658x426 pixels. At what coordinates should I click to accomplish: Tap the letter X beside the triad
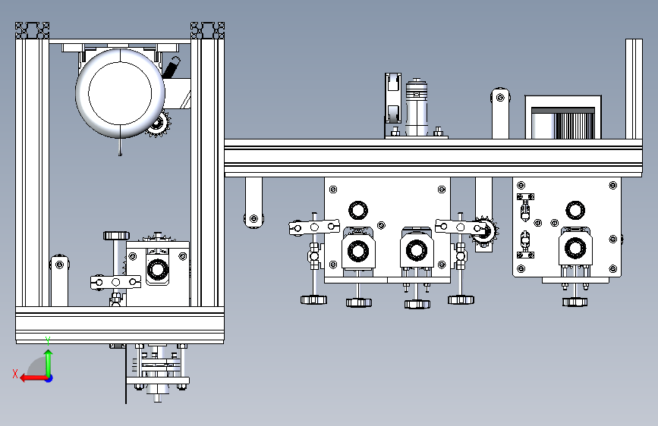click(x=15, y=374)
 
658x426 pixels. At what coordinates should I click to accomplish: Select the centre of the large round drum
click(x=120, y=93)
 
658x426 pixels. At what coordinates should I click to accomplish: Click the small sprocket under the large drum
click(x=158, y=124)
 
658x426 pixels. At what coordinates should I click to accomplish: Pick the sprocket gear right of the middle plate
click(x=485, y=230)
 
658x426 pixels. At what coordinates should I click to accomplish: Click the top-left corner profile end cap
click(x=33, y=30)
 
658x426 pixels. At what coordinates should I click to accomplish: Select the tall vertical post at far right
click(x=634, y=89)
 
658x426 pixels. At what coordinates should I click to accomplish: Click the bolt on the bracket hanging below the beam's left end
click(x=253, y=218)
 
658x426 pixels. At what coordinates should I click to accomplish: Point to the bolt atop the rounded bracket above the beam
click(x=500, y=98)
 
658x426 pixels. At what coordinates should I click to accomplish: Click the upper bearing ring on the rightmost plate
click(x=575, y=210)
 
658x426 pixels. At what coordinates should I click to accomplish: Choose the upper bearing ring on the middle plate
click(x=358, y=210)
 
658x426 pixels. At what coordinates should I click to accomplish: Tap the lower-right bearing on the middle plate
click(x=417, y=250)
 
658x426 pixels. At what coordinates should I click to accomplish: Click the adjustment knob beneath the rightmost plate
click(x=575, y=302)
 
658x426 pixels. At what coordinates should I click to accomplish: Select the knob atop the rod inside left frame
click(x=116, y=236)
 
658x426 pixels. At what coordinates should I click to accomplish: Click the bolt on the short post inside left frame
click(x=60, y=265)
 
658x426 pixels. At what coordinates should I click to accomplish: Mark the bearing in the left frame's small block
click(x=158, y=268)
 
